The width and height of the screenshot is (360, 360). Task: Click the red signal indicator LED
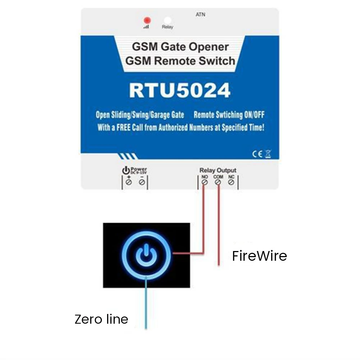click(146, 20)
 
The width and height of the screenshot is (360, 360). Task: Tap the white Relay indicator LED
click(167, 20)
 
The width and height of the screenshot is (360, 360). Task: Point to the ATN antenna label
click(201, 15)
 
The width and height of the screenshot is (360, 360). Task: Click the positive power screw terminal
click(129, 182)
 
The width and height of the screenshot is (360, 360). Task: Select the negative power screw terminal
click(142, 182)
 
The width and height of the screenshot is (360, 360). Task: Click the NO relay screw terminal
click(205, 182)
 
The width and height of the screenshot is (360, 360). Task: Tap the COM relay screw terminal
click(218, 182)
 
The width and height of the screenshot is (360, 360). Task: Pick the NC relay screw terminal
click(231, 182)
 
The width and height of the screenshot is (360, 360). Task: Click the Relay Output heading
click(218, 170)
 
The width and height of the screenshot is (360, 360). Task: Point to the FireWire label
click(259, 256)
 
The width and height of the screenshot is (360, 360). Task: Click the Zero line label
click(101, 319)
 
